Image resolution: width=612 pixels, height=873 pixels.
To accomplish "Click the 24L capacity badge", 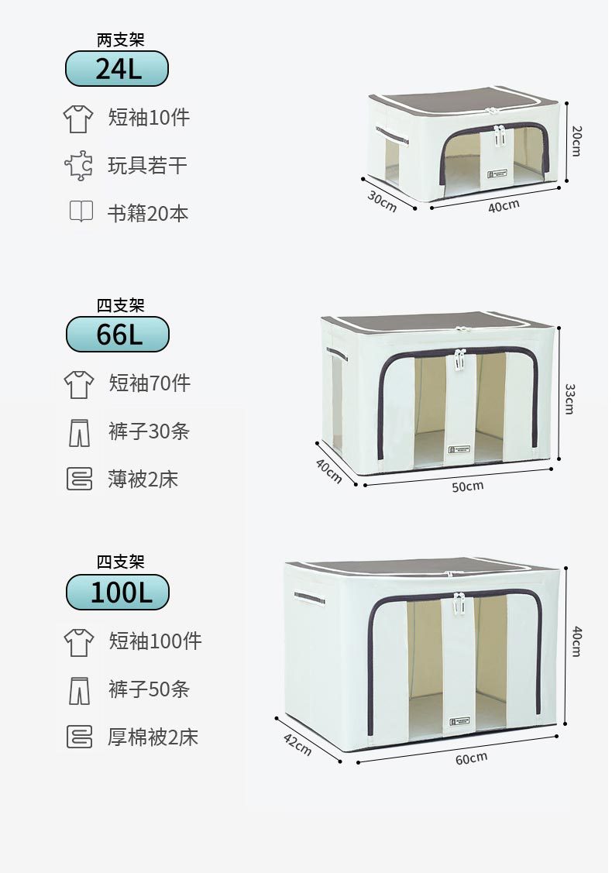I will (x=117, y=69).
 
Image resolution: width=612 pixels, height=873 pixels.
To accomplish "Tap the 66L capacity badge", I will (x=118, y=335).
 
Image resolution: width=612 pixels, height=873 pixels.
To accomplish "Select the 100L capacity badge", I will (x=118, y=593).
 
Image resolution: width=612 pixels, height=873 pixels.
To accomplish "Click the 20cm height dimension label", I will (x=576, y=140).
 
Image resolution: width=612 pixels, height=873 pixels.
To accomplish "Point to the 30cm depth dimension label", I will (x=381, y=201).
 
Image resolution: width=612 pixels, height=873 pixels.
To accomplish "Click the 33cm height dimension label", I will (x=569, y=398).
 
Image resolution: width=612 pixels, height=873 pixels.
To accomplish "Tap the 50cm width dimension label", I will (x=467, y=486).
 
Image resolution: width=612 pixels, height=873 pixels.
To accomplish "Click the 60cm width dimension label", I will (x=471, y=758).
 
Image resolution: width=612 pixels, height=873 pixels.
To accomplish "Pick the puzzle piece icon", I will (x=78, y=165).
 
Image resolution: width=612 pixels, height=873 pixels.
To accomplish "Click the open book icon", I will (x=81, y=211).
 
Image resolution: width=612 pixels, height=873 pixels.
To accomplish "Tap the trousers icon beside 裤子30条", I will (x=79, y=431).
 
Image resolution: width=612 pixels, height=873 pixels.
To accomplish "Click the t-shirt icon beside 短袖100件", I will (x=79, y=641).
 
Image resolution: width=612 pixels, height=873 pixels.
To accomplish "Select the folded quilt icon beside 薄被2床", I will (x=79, y=479).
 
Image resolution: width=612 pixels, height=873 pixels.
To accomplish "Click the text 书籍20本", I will (x=147, y=213).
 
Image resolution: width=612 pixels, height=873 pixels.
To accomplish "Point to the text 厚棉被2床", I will (x=153, y=737).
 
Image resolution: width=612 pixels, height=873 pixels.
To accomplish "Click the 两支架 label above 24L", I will (x=120, y=40).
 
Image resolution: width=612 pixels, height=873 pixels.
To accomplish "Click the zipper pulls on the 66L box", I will (x=459, y=359).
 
